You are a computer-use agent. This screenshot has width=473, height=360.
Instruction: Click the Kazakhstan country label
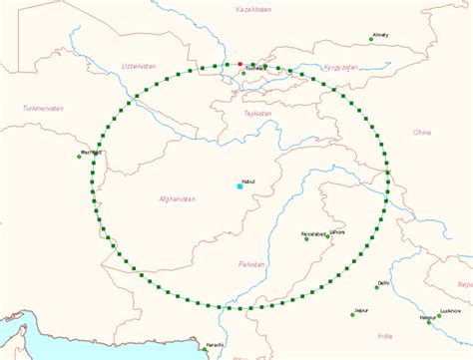[252, 8]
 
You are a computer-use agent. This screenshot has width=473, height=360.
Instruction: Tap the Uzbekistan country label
[139, 65]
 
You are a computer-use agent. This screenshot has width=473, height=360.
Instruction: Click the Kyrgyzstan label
[340, 67]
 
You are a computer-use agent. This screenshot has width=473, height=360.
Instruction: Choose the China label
[422, 131]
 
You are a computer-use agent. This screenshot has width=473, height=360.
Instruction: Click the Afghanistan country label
[178, 199]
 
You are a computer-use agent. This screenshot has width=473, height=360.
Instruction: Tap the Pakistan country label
[251, 263]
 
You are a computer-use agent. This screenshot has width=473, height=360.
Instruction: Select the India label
[386, 336]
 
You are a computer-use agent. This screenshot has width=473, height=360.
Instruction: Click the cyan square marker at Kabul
[239, 186]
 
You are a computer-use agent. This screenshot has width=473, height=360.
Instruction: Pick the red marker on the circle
[240, 64]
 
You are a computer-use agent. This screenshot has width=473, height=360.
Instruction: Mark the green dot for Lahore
[332, 236]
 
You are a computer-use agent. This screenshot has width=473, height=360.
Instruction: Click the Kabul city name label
[249, 180]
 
